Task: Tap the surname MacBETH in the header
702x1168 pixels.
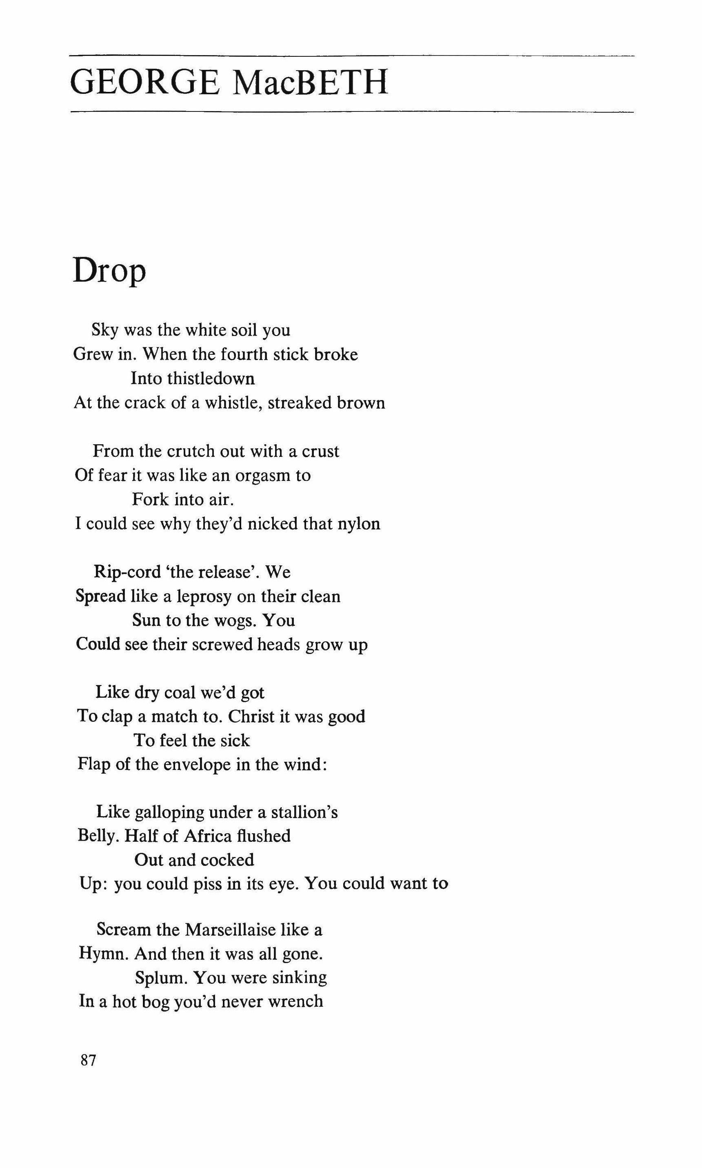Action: coord(310,83)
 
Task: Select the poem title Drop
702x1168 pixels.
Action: coord(109,271)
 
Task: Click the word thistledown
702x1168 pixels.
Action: coord(193,378)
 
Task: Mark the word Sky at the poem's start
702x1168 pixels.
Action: coord(104,330)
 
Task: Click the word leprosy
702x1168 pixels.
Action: coord(204,596)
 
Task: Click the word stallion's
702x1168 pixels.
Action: coord(304,813)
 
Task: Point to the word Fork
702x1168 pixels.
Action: coord(150,500)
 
